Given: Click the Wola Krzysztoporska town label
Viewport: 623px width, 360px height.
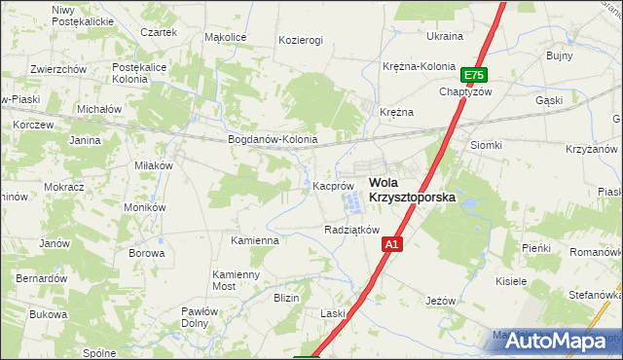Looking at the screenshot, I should click(x=411, y=189).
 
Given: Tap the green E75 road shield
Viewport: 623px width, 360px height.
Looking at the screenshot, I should click(x=474, y=75).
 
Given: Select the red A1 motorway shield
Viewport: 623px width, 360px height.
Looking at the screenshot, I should click(x=389, y=245).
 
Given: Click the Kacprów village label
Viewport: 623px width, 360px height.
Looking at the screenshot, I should click(x=333, y=185).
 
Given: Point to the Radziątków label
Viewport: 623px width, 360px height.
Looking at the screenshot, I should click(x=350, y=230).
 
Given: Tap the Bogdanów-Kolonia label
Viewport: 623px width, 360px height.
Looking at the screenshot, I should click(x=273, y=139).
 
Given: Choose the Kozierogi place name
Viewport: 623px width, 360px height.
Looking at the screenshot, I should click(x=300, y=40).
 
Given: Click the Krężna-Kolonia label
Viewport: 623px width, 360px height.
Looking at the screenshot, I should click(x=419, y=66).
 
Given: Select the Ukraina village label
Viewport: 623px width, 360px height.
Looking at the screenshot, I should click(x=445, y=36).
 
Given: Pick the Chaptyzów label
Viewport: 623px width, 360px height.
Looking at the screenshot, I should click(x=466, y=91).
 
